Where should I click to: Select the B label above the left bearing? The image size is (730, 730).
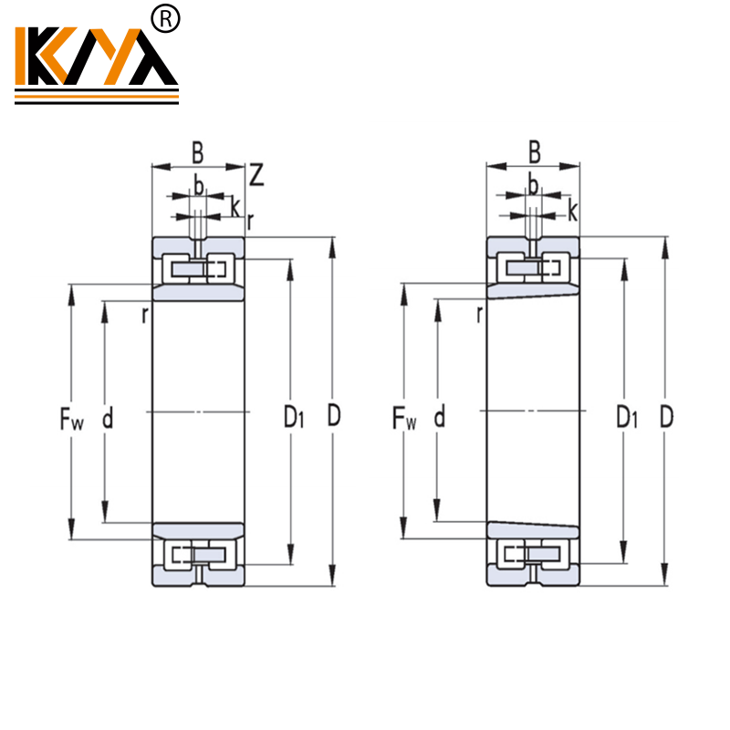[196, 152]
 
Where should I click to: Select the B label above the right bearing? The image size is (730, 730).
[535, 152]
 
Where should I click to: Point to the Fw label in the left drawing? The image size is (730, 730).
[71, 419]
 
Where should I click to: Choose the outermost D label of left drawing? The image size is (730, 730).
[334, 417]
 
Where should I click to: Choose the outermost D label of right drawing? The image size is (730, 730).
[667, 417]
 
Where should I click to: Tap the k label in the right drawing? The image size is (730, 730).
[572, 212]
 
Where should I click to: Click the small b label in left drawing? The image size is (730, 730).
[197, 186]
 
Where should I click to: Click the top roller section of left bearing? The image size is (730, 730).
[198, 268]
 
